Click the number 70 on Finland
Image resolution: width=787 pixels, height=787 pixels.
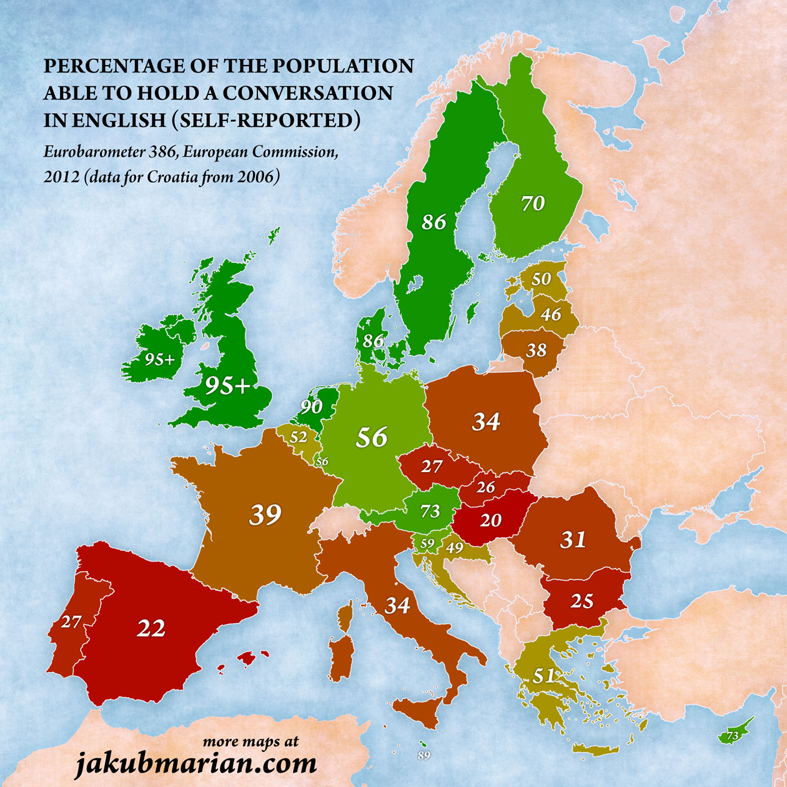pyautogui.click(x=533, y=203)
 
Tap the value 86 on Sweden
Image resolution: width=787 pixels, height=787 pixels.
pyautogui.click(x=433, y=221)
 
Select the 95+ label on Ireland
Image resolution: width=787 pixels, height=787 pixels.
pyautogui.click(x=160, y=359)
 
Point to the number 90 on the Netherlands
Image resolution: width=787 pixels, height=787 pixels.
pyautogui.click(x=311, y=407)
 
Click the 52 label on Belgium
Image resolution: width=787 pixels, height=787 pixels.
pyautogui.click(x=299, y=437)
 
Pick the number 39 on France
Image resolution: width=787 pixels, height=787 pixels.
pyautogui.click(x=265, y=515)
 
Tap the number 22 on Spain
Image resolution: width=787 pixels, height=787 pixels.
pyautogui.click(x=151, y=628)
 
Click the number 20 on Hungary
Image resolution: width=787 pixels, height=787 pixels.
pyautogui.click(x=490, y=520)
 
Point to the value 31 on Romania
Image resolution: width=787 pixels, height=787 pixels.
pyautogui.click(x=573, y=539)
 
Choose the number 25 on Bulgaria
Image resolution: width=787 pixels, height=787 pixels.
pyautogui.click(x=582, y=601)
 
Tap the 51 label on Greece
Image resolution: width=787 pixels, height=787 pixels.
pyautogui.click(x=544, y=676)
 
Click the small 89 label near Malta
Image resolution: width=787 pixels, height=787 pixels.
pyautogui.click(x=424, y=756)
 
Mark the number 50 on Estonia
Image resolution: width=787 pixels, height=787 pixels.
pyautogui.click(x=541, y=279)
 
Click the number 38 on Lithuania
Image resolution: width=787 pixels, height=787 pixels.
pyautogui.click(x=536, y=350)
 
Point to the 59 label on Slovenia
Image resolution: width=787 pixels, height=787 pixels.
pyautogui.click(x=427, y=544)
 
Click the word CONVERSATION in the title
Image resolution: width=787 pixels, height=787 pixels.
pyautogui.click(x=308, y=92)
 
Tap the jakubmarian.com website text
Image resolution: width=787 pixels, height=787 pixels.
pyautogui.click(x=196, y=763)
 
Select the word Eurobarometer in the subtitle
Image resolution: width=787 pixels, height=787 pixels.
pyautogui.click(x=96, y=152)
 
